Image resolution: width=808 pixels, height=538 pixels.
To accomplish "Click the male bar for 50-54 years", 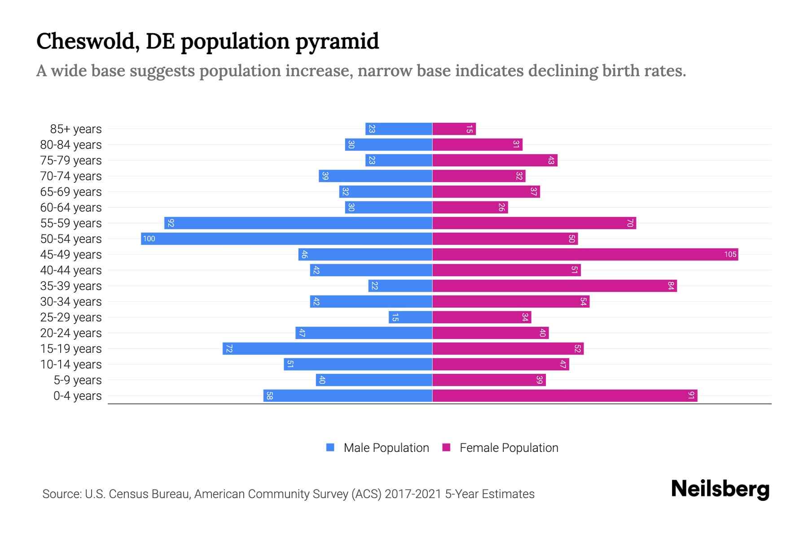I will pyautogui.click(x=286, y=239).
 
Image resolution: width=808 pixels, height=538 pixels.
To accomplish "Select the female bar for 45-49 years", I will pyautogui.click(x=585, y=254).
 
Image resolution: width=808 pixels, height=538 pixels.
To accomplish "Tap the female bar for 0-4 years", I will pyautogui.click(x=565, y=395).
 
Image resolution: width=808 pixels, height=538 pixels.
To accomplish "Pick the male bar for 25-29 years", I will pyautogui.click(x=410, y=317).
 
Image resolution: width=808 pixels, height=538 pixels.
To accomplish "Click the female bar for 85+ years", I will pyautogui.click(x=454, y=129).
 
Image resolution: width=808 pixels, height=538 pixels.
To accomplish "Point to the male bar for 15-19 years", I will pyautogui.click(x=327, y=348).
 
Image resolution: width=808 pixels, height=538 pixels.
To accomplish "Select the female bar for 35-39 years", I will pyautogui.click(x=554, y=286).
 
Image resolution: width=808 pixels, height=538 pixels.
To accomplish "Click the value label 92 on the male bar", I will pyautogui.click(x=171, y=223).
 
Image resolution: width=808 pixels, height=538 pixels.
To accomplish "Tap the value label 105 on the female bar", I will pyautogui.click(x=730, y=254).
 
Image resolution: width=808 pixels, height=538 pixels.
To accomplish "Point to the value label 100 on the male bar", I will pyautogui.click(x=149, y=239).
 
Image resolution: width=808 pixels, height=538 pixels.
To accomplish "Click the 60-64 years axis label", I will pyautogui.click(x=71, y=208).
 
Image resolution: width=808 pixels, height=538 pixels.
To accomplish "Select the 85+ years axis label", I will pyautogui.click(x=76, y=129).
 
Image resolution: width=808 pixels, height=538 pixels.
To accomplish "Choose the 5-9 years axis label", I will pyautogui.click(x=78, y=380).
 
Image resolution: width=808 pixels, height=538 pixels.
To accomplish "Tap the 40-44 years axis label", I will pyautogui.click(x=71, y=270).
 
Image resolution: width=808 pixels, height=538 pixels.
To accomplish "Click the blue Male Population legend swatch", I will pyautogui.click(x=330, y=447).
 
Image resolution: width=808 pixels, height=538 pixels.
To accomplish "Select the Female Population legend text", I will pyautogui.click(x=509, y=447).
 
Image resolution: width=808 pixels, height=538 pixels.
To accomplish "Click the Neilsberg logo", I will pyautogui.click(x=720, y=489).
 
